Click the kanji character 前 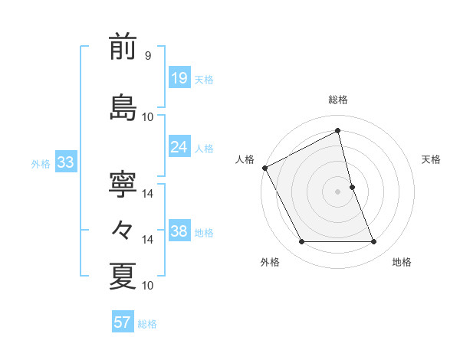(x=123, y=47)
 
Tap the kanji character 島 (x=123, y=106)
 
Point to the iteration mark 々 (x=123, y=230)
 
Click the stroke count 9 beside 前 (x=147, y=56)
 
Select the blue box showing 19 (x=179, y=78)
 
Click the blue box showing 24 (x=179, y=147)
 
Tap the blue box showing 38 (x=179, y=232)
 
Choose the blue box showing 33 (x=65, y=162)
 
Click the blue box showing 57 (x=123, y=322)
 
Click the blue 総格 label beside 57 (x=147, y=324)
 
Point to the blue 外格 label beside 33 (x=41, y=164)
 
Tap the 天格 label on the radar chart (x=432, y=159)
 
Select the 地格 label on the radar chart (x=402, y=262)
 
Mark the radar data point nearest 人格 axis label (x=264, y=168)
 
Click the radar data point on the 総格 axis (x=338, y=130)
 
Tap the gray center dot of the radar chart (x=338, y=191)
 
